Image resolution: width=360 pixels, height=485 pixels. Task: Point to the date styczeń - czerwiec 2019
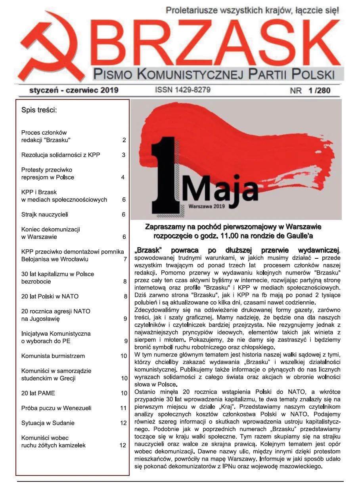pyautogui.click(x=74, y=90)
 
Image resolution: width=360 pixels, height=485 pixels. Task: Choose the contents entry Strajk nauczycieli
pyautogui.click(x=45, y=214)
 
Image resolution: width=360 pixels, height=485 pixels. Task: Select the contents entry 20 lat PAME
pyautogui.click(x=38, y=393)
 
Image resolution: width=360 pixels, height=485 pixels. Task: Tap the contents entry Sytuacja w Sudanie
pyautogui.click(x=48, y=423)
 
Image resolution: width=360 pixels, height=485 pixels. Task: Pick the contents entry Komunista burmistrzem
pyautogui.click(x=53, y=356)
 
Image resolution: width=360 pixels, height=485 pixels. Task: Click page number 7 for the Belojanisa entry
pyautogui.click(x=124, y=259)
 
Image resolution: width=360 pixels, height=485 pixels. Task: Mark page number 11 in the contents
pyautogui.click(x=123, y=408)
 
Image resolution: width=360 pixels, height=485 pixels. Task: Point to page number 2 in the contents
pyautogui.click(x=124, y=140)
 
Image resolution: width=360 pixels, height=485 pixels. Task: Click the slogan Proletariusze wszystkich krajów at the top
pyautogui.click(x=253, y=10)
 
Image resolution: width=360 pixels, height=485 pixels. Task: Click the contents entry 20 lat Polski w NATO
pyautogui.click(x=50, y=296)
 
